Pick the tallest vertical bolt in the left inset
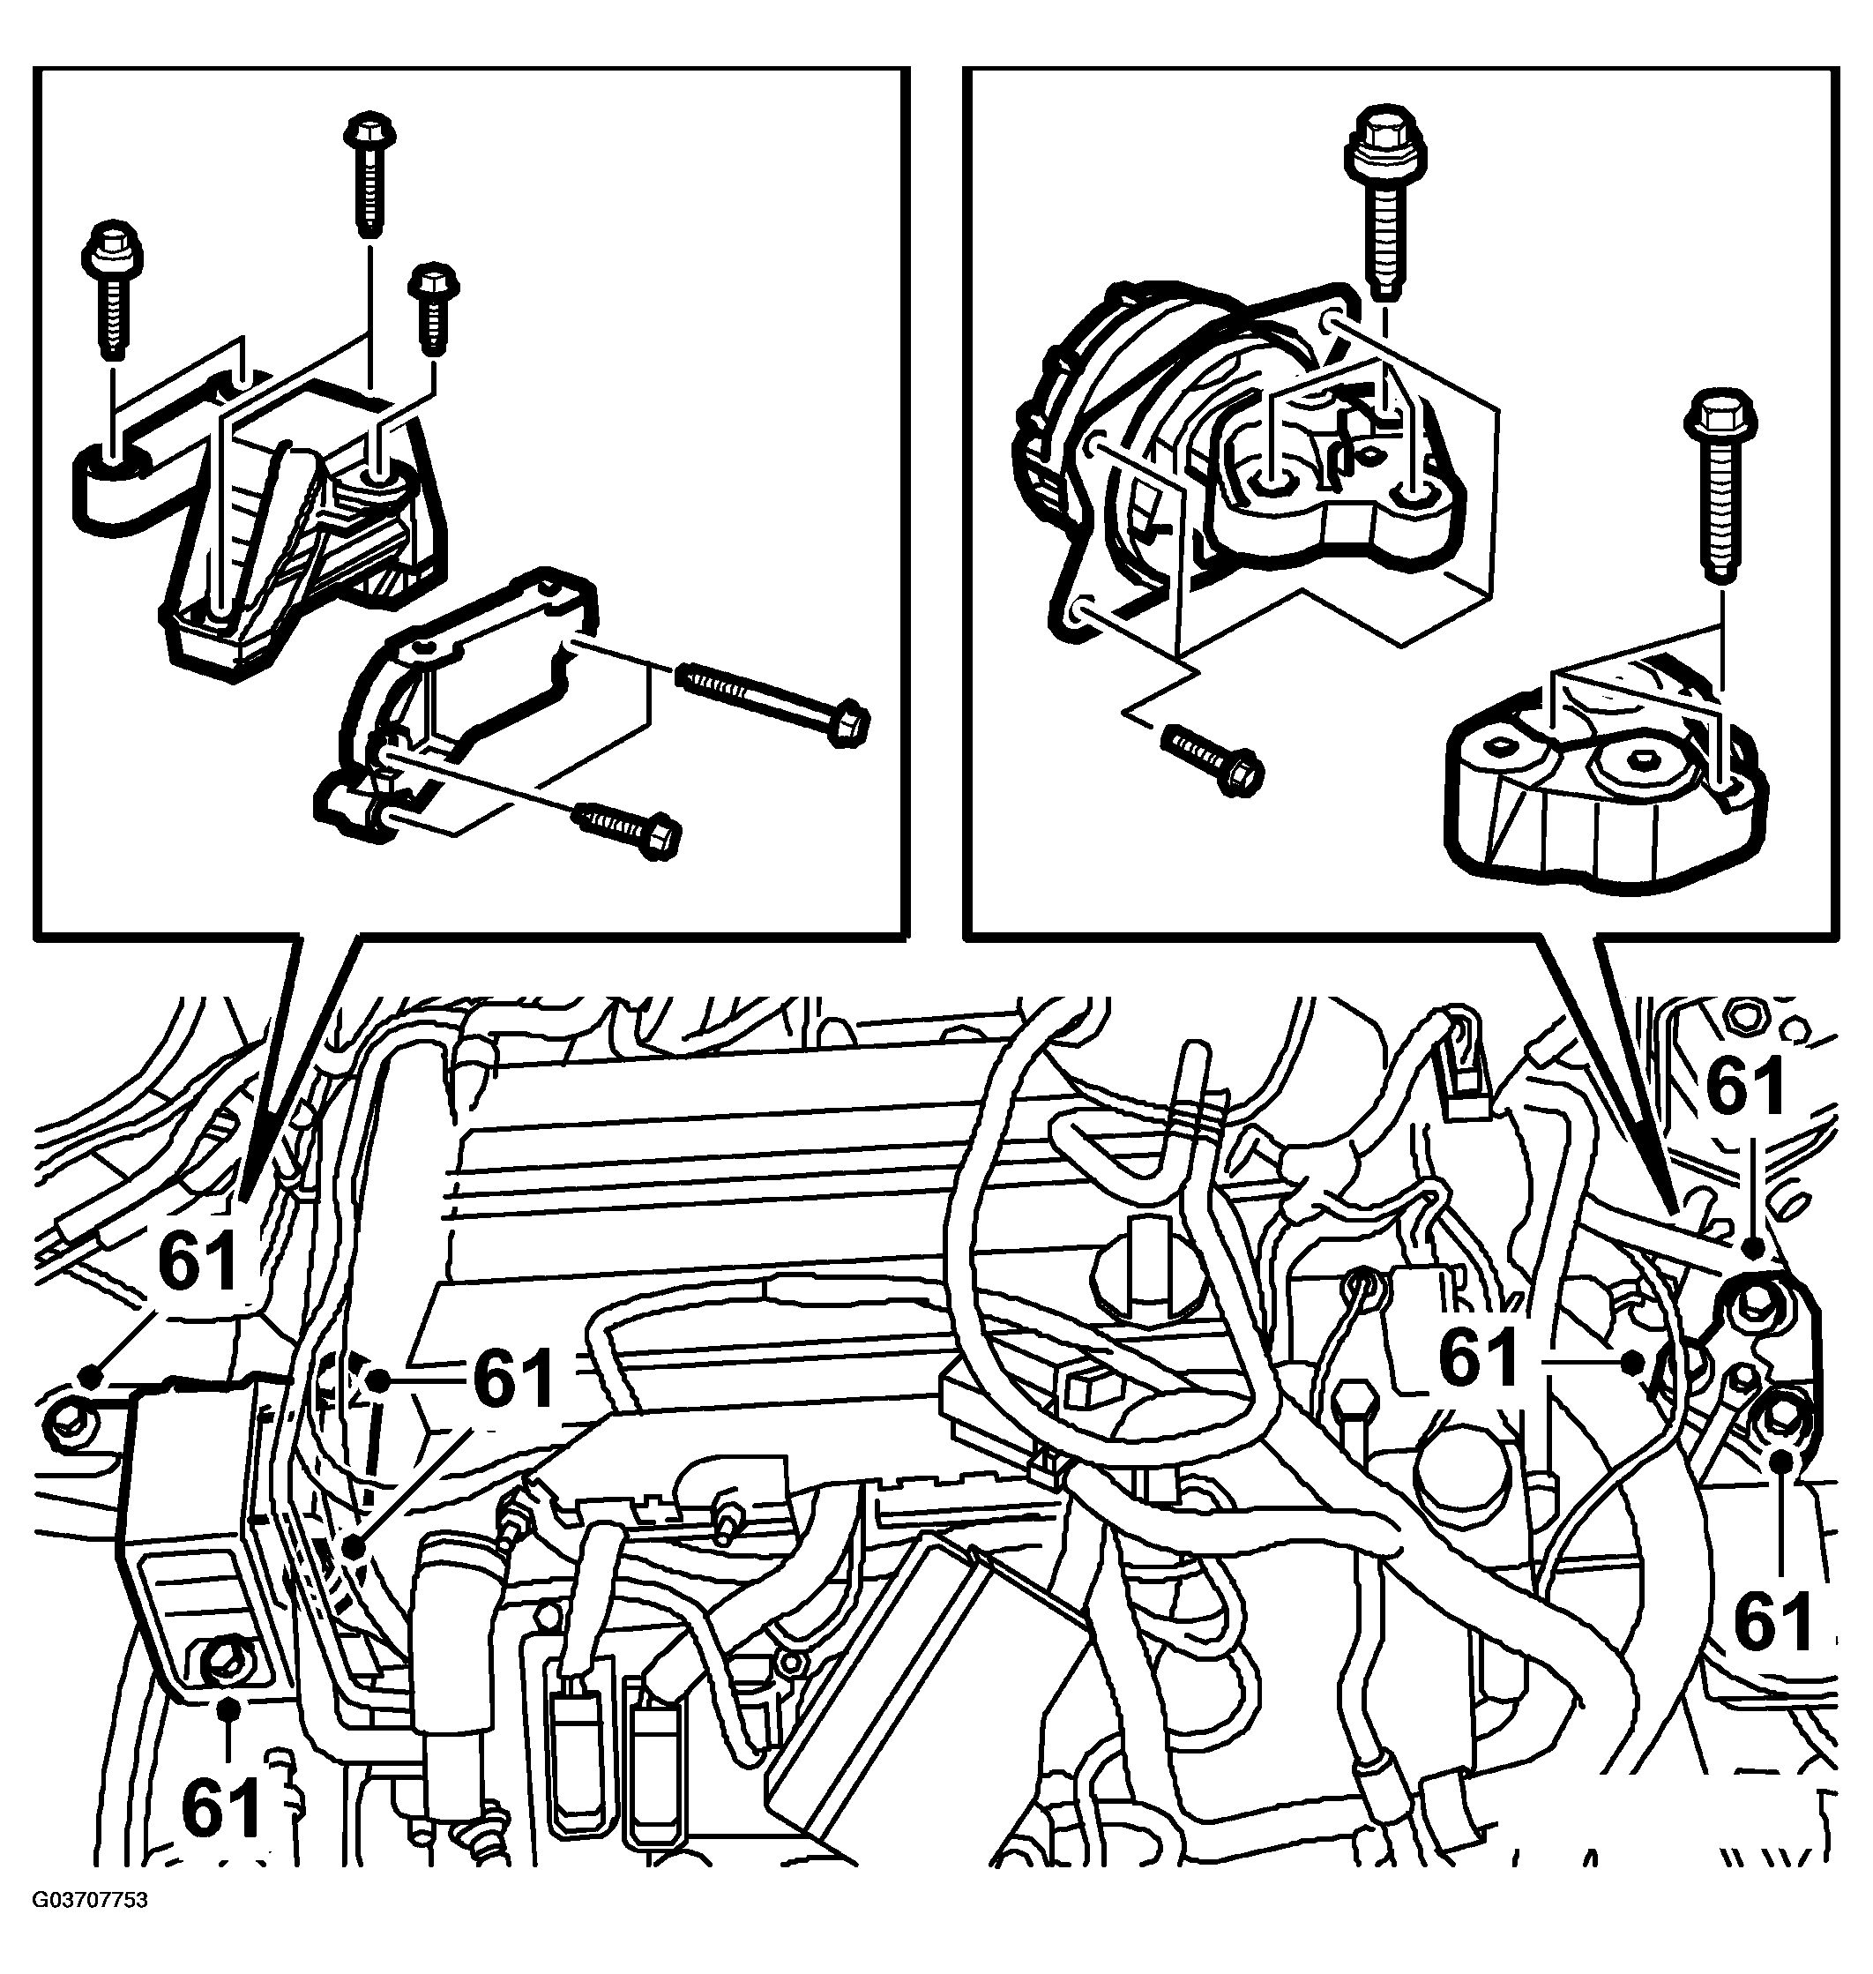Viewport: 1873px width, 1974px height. click(370, 176)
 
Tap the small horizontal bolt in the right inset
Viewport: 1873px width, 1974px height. click(1212, 758)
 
